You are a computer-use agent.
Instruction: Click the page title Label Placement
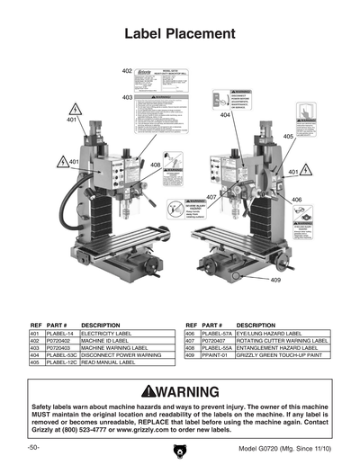click(x=179, y=34)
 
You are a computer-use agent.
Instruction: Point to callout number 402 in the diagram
click(x=127, y=70)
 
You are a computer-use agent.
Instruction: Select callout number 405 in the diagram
click(x=288, y=137)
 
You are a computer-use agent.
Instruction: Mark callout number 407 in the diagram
click(x=211, y=197)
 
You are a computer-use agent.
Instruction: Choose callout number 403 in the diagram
click(x=127, y=97)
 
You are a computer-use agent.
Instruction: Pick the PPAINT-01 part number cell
click(x=215, y=357)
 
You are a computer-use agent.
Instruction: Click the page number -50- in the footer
click(x=33, y=447)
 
